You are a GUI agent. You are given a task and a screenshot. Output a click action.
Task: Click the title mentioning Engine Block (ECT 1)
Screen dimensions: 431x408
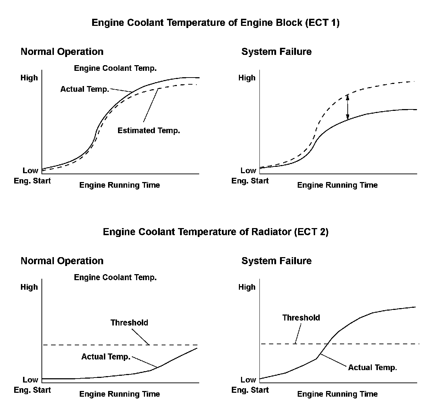click(215, 23)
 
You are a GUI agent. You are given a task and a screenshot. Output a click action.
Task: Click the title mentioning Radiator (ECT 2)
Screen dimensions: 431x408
click(215, 232)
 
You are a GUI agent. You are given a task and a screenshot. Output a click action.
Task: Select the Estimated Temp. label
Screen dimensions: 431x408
click(149, 131)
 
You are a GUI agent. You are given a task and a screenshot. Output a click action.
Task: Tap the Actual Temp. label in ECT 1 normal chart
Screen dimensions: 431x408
click(84, 89)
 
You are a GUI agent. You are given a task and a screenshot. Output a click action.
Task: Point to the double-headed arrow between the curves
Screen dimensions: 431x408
click(348, 107)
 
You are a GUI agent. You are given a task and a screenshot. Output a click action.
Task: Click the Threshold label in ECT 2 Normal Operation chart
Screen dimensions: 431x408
click(129, 323)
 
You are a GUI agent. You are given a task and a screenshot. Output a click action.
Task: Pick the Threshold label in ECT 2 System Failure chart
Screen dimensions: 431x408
click(301, 318)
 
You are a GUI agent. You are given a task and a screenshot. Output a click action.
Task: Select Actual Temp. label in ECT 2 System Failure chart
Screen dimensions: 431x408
click(372, 368)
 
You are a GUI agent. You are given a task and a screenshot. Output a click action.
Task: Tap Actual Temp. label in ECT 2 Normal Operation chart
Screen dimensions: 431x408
click(106, 357)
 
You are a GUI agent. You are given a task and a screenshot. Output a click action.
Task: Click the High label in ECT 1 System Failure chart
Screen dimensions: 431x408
click(247, 78)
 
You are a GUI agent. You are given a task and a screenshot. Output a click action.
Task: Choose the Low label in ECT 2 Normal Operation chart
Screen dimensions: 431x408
click(30, 380)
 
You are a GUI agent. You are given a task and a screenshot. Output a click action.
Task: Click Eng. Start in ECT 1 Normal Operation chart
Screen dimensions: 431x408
click(32, 181)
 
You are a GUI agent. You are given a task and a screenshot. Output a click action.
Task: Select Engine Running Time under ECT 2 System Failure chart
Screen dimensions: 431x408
click(337, 394)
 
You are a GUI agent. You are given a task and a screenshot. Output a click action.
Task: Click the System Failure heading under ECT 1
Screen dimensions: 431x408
click(276, 52)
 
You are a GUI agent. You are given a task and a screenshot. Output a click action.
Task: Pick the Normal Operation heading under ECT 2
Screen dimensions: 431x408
click(62, 261)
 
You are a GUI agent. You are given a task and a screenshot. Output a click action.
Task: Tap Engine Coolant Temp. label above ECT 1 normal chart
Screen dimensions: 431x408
click(115, 68)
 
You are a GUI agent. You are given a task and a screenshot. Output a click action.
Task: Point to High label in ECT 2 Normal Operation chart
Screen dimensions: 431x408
click(29, 287)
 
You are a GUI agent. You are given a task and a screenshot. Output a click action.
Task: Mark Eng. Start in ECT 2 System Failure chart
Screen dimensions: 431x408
click(250, 390)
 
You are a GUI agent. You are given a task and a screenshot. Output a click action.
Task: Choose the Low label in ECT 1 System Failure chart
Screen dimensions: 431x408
click(248, 171)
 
